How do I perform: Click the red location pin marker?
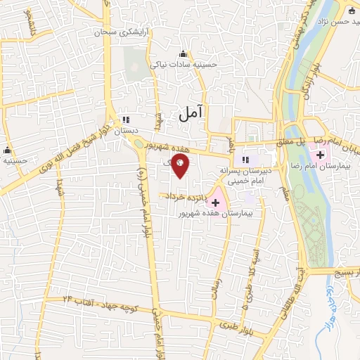(181, 166)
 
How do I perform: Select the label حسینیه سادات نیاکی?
(184, 64)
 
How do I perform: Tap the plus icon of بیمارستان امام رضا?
(321, 154)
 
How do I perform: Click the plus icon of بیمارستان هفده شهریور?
(215, 202)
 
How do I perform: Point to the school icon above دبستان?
(125, 120)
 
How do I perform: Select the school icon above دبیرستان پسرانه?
(246, 160)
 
